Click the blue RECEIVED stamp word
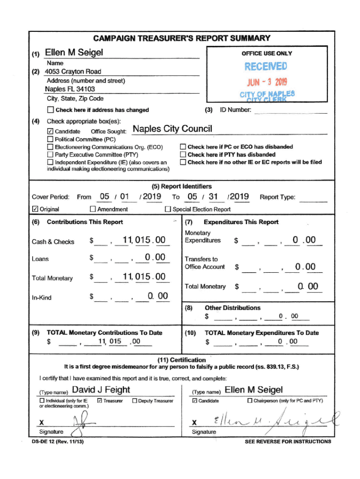[266, 67]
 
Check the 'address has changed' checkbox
[50, 110]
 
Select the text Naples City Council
[173, 129]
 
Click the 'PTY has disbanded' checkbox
[183, 154]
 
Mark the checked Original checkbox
[35, 209]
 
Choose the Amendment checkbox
[93, 209]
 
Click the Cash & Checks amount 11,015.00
[144, 240]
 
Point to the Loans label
[40, 259]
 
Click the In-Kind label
[41, 298]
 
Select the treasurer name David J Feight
[101, 390]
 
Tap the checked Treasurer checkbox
[99, 401]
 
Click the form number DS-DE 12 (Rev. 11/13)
[58, 441]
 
